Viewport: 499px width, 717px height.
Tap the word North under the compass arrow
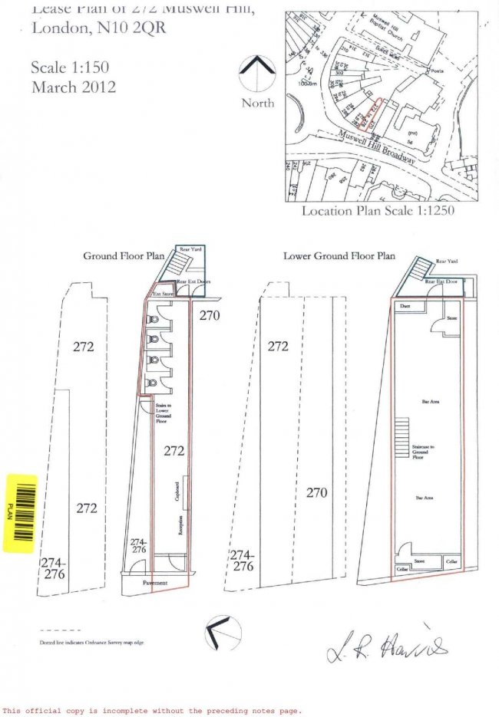(x=258, y=103)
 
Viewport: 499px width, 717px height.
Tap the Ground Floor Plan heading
(x=124, y=256)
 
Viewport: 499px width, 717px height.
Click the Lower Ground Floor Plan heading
(x=339, y=256)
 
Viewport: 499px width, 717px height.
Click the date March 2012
(x=74, y=87)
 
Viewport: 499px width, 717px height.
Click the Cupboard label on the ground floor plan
(x=177, y=492)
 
